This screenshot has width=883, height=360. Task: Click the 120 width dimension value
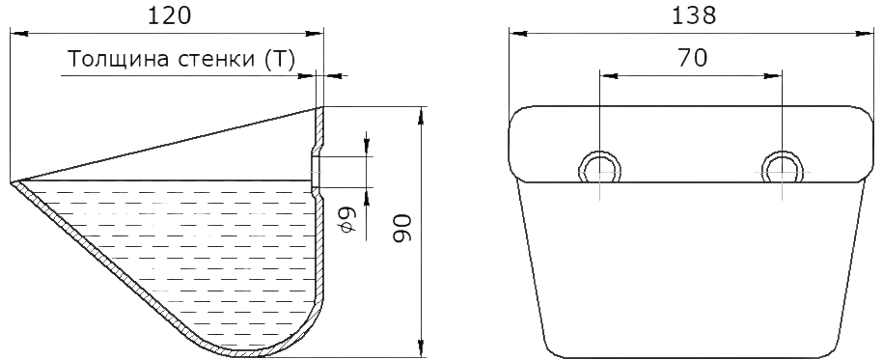(169, 15)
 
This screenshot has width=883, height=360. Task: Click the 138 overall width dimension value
(695, 15)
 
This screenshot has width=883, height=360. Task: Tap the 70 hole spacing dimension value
(693, 58)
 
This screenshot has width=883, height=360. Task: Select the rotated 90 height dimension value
(403, 228)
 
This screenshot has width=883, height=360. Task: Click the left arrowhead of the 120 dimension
(18, 34)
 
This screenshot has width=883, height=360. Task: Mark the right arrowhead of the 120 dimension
(316, 34)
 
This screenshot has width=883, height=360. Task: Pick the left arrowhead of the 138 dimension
(518, 34)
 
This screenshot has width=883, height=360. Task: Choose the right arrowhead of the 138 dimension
(865, 34)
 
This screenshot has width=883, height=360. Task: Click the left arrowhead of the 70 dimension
(609, 75)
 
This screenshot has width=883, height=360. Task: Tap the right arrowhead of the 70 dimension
(773, 75)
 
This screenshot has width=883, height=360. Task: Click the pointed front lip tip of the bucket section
(13, 182)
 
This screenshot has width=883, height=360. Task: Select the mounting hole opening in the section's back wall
(316, 171)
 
